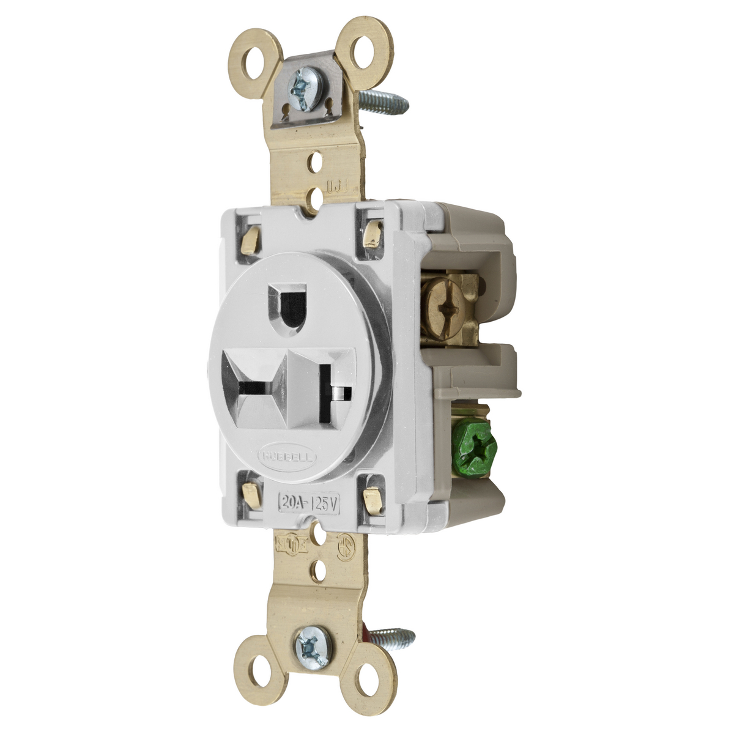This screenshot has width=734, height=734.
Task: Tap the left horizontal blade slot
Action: click(x=255, y=388)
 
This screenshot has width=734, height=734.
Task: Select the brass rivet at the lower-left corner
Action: click(x=250, y=489)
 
